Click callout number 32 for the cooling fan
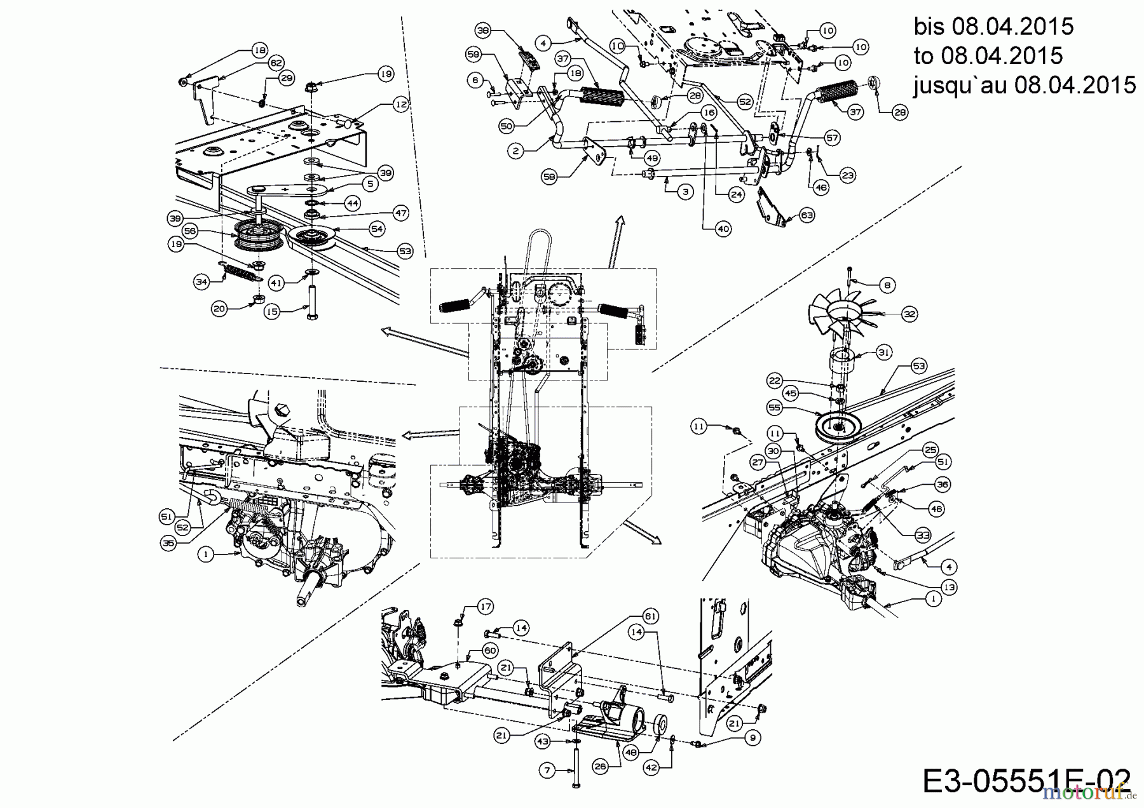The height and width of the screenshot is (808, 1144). [910, 314]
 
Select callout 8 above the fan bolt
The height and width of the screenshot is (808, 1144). [887, 285]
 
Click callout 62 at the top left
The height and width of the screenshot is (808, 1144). [275, 63]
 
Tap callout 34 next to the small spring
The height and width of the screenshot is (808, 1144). [202, 281]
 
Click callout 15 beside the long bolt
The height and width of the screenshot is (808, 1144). [272, 312]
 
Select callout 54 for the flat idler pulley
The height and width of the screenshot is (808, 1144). [377, 228]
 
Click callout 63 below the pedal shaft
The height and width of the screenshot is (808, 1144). [807, 216]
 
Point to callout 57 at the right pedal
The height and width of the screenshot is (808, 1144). [832, 137]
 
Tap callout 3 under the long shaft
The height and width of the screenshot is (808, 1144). [685, 191]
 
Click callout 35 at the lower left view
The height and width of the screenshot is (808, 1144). [168, 544]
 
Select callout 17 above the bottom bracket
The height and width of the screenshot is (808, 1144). [486, 607]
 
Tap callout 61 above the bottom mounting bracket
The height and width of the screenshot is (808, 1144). [650, 616]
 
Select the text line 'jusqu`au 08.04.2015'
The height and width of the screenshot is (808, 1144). [1025, 84]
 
